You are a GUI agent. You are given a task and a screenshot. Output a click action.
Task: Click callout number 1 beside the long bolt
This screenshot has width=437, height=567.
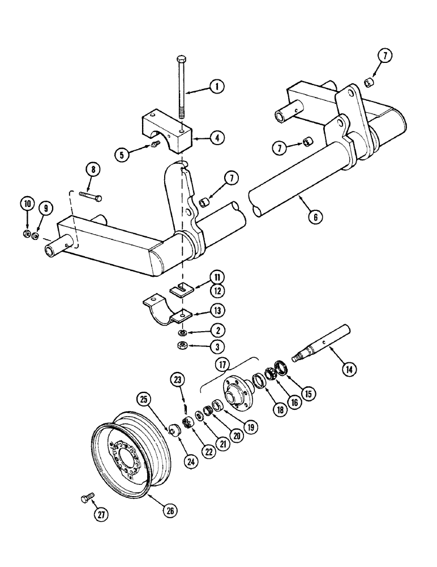pyautogui.click(x=216, y=87)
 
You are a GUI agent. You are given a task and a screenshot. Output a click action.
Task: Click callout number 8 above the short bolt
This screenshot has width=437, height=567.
pyautogui.click(x=92, y=168)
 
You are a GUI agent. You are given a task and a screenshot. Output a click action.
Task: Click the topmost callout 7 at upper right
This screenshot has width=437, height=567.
pyautogui.click(x=385, y=56)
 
